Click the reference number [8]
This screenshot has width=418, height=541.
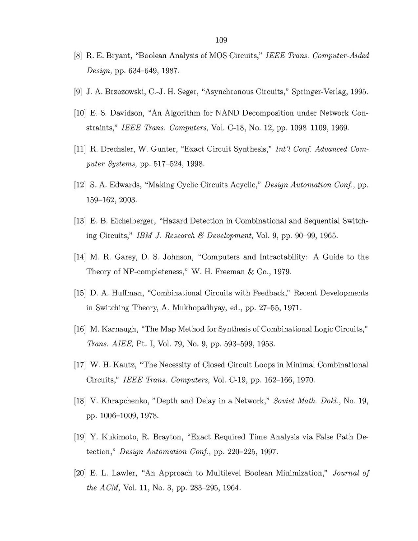click(79, 56)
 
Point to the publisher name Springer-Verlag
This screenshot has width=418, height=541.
click(320, 93)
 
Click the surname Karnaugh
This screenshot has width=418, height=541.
click(111, 329)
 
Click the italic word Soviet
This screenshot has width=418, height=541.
click(284, 401)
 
